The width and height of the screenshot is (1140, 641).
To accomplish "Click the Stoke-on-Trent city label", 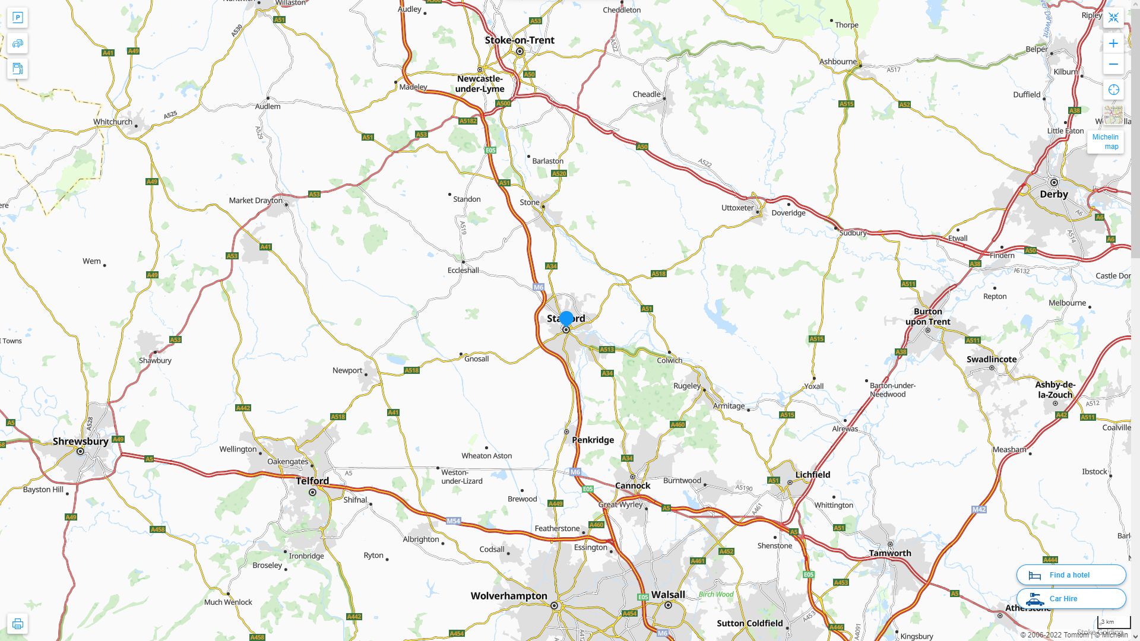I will (520, 40).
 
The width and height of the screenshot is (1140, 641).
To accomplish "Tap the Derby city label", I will (1054, 194).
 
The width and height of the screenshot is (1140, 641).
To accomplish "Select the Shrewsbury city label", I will (81, 442).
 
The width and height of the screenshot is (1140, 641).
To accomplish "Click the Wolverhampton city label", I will (509, 596).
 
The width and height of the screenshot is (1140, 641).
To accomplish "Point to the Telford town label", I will (312, 481).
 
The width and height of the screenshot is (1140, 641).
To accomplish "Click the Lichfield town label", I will (813, 475).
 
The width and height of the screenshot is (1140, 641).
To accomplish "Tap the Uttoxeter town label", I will (737, 208).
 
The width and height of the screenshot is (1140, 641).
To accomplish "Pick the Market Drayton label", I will (256, 201).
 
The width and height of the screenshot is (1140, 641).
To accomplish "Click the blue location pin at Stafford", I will (566, 319).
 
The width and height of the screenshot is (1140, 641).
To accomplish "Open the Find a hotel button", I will (1071, 575).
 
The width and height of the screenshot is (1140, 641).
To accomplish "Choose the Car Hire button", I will (1071, 598).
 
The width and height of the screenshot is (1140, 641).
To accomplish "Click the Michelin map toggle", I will (1105, 141).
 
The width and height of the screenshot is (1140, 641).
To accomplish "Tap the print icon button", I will (18, 624).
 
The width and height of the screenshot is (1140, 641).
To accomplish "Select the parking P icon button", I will (18, 18).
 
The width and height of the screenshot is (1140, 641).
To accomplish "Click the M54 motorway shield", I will (454, 521).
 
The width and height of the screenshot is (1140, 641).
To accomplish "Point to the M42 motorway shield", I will (979, 509).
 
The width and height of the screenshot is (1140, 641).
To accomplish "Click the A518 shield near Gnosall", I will (411, 370).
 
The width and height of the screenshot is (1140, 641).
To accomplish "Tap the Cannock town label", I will (633, 485).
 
